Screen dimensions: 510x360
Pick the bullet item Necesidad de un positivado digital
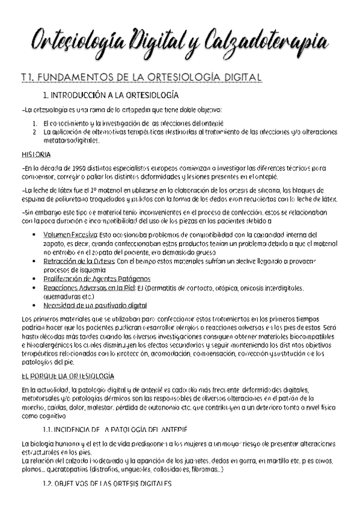coord(103,306)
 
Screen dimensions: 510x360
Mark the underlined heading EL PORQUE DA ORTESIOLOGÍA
coord(67,376)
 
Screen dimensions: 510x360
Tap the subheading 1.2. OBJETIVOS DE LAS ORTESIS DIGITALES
coord(107,484)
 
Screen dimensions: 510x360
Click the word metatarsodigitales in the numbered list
coord(67,141)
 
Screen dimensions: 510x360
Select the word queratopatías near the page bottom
coord(73,470)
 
